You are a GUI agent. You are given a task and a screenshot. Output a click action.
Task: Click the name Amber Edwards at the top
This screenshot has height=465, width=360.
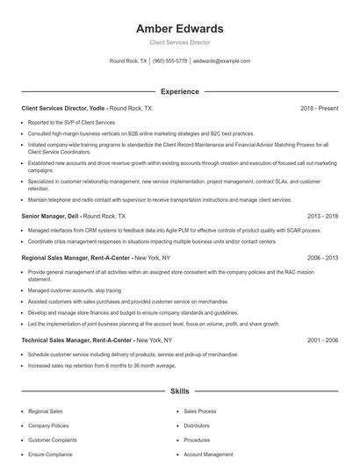point(179,28)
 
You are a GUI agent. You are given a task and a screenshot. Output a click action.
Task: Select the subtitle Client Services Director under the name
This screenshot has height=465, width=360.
point(179,42)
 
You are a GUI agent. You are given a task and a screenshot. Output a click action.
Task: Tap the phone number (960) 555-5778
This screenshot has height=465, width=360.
point(170,61)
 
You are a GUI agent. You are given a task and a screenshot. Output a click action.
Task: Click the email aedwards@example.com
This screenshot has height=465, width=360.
point(221,61)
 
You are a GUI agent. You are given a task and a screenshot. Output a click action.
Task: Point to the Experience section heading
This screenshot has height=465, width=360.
point(179,91)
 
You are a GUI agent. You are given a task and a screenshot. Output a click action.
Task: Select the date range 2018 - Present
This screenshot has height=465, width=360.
point(320,108)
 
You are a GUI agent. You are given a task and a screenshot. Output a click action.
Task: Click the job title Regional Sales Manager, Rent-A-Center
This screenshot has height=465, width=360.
point(76,258)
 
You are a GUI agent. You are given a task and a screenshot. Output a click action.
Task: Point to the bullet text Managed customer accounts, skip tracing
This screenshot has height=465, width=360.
point(75,290)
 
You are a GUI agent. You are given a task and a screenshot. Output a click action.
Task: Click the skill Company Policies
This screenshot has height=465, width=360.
point(48,425)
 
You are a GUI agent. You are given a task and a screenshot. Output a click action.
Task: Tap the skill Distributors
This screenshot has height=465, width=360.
point(197,425)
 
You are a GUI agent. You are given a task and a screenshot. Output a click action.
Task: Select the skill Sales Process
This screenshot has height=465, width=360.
point(200,411)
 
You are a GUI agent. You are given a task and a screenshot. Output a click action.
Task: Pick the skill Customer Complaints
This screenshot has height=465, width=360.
point(52,440)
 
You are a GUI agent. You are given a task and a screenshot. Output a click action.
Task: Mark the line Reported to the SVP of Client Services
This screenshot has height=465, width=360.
point(72,122)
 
